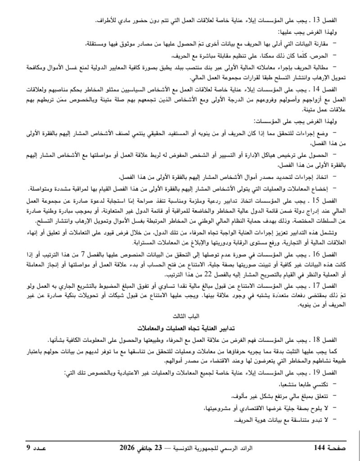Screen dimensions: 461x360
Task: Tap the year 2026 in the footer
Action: click(128, 448)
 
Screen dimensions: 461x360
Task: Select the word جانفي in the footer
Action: click(151, 448)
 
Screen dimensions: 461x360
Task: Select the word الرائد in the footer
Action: click(261, 448)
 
